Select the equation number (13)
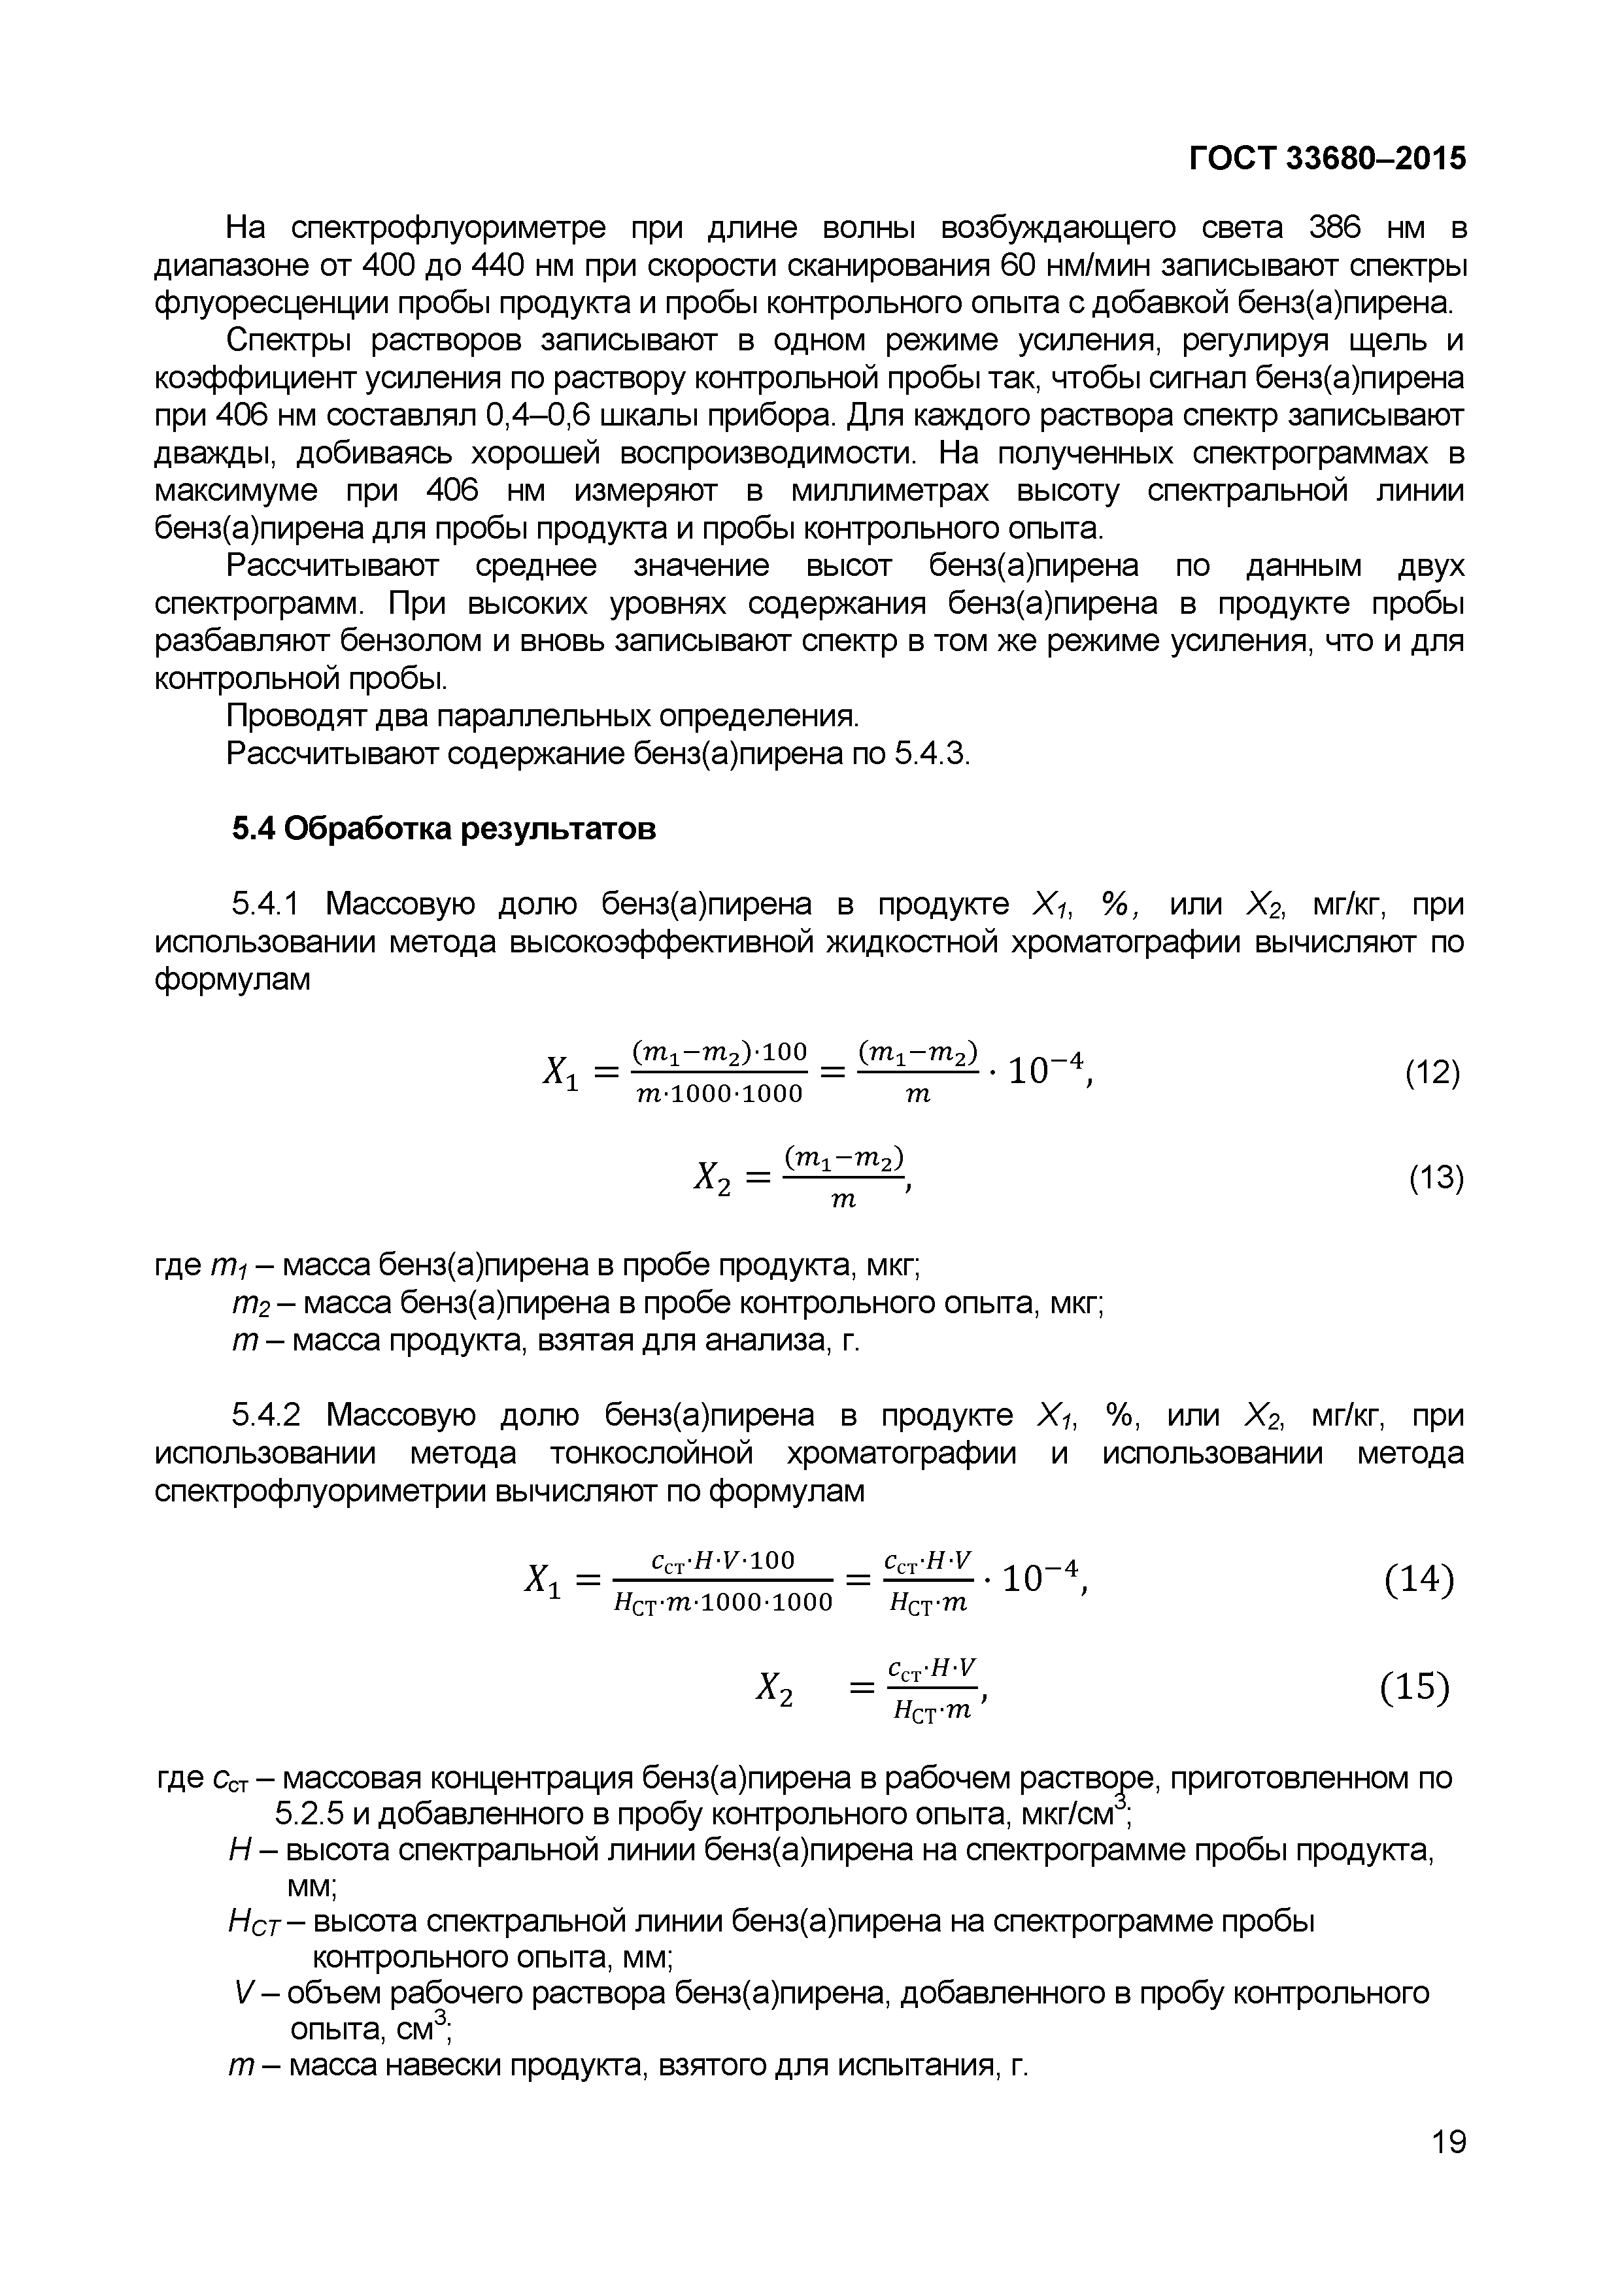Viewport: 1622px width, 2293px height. click(1435, 1179)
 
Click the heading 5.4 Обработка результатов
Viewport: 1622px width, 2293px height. click(445, 828)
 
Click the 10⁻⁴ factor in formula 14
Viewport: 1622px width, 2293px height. click(1041, 1579)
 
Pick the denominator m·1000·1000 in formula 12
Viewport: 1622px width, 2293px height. click(719, 1095)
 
